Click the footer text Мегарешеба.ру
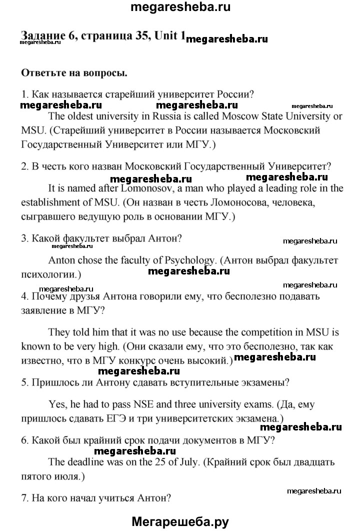[180, 521]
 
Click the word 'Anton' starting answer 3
[60, 260]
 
